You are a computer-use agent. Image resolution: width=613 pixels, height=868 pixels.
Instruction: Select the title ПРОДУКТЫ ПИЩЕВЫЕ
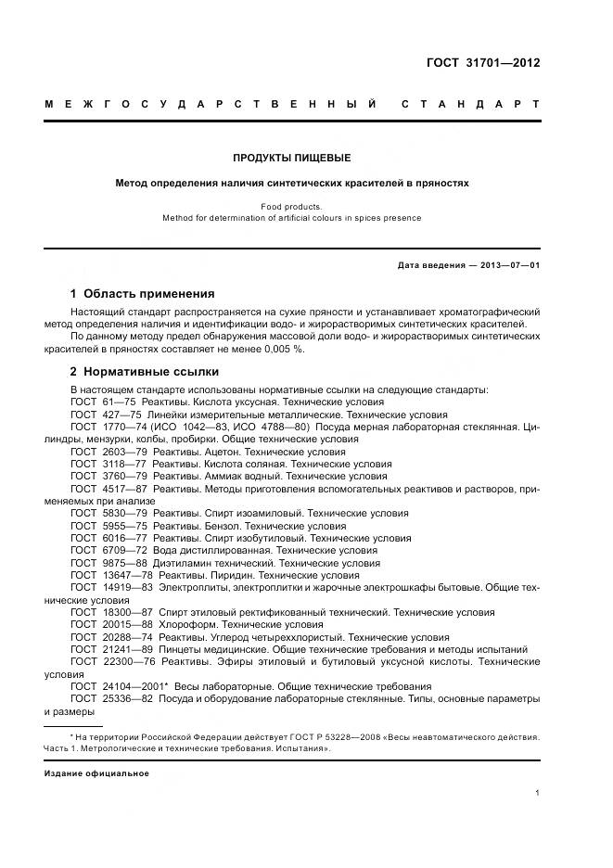(x=291, y=158)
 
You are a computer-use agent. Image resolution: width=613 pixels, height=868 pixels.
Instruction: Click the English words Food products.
(x=291, y=207)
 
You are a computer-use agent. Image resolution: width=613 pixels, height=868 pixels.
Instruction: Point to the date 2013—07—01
(x=510, y=265)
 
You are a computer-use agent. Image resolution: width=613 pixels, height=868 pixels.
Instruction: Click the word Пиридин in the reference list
(x=228, y=574)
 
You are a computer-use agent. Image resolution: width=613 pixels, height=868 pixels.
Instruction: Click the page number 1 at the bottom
(x=538, y=793)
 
